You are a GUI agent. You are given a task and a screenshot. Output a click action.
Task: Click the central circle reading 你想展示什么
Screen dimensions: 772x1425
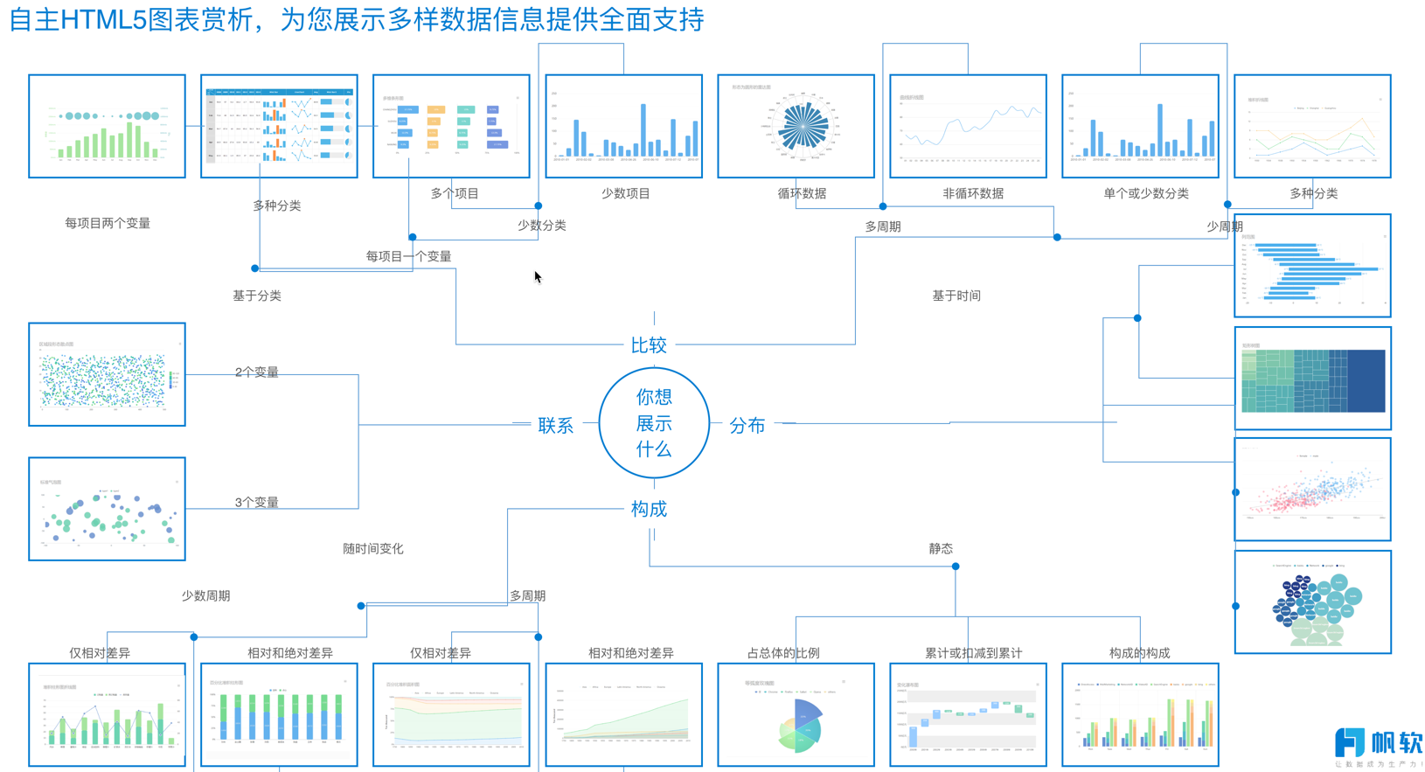(x=654, y=423)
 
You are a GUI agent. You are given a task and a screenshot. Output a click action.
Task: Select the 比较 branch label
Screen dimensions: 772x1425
(x=649, y=345)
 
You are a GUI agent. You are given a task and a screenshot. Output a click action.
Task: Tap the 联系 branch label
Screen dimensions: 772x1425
(x=556, y=426)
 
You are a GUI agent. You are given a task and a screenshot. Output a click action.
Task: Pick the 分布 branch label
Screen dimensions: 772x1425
(x=747, y=426)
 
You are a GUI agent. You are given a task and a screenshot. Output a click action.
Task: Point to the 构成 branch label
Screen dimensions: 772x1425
(x=649, y=509)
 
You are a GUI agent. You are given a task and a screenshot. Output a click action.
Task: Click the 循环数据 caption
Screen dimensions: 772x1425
(x=802, y=193)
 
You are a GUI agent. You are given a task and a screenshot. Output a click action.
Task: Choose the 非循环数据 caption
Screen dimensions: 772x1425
(x=972, y=193)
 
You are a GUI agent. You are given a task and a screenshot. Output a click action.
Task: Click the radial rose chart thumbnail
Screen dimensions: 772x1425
(x=796, y=127)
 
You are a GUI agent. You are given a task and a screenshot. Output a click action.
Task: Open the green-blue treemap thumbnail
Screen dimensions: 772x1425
(x=1312, y=379)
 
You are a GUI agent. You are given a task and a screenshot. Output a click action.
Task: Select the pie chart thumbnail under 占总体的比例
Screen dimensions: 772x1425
(x=796, y=715)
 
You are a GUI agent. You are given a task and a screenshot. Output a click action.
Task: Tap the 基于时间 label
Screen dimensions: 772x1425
(x=956, y=296)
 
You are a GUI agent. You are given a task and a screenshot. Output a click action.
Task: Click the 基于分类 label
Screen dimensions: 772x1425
(x=257, y=296)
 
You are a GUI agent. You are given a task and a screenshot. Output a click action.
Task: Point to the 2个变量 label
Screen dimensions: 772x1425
(x=256, y=372)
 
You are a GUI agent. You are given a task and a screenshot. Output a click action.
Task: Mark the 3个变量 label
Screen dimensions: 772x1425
(x=256, y=502)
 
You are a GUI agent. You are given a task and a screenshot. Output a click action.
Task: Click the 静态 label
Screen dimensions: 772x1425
(x=941, y=548)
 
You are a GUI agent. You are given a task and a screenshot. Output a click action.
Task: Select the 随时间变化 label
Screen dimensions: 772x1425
(x=373, y=548)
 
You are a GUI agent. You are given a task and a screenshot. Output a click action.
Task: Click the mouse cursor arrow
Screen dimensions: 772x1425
(x=538, y=277)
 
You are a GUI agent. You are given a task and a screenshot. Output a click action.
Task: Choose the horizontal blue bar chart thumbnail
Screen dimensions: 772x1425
(x=1312, y=266)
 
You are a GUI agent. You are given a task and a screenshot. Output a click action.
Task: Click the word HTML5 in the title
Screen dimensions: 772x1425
(x=103, y=19)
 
